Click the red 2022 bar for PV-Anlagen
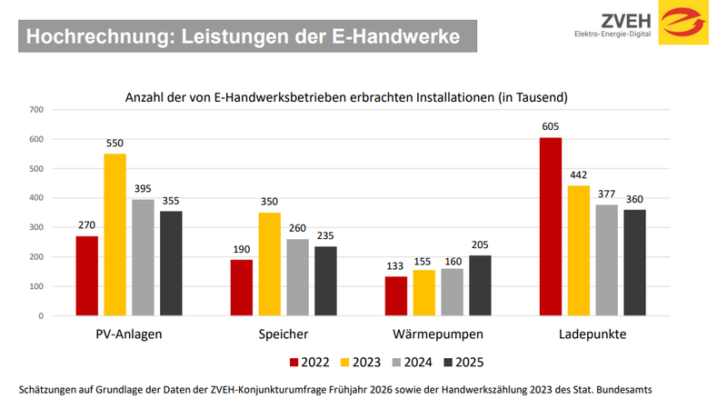pos(86,276)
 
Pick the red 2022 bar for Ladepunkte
pos(550,226)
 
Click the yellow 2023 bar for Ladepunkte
pos(578,251)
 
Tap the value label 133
pos(395,267)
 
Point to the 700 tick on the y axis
pos(36,110)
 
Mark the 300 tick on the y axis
pos(36,228)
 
